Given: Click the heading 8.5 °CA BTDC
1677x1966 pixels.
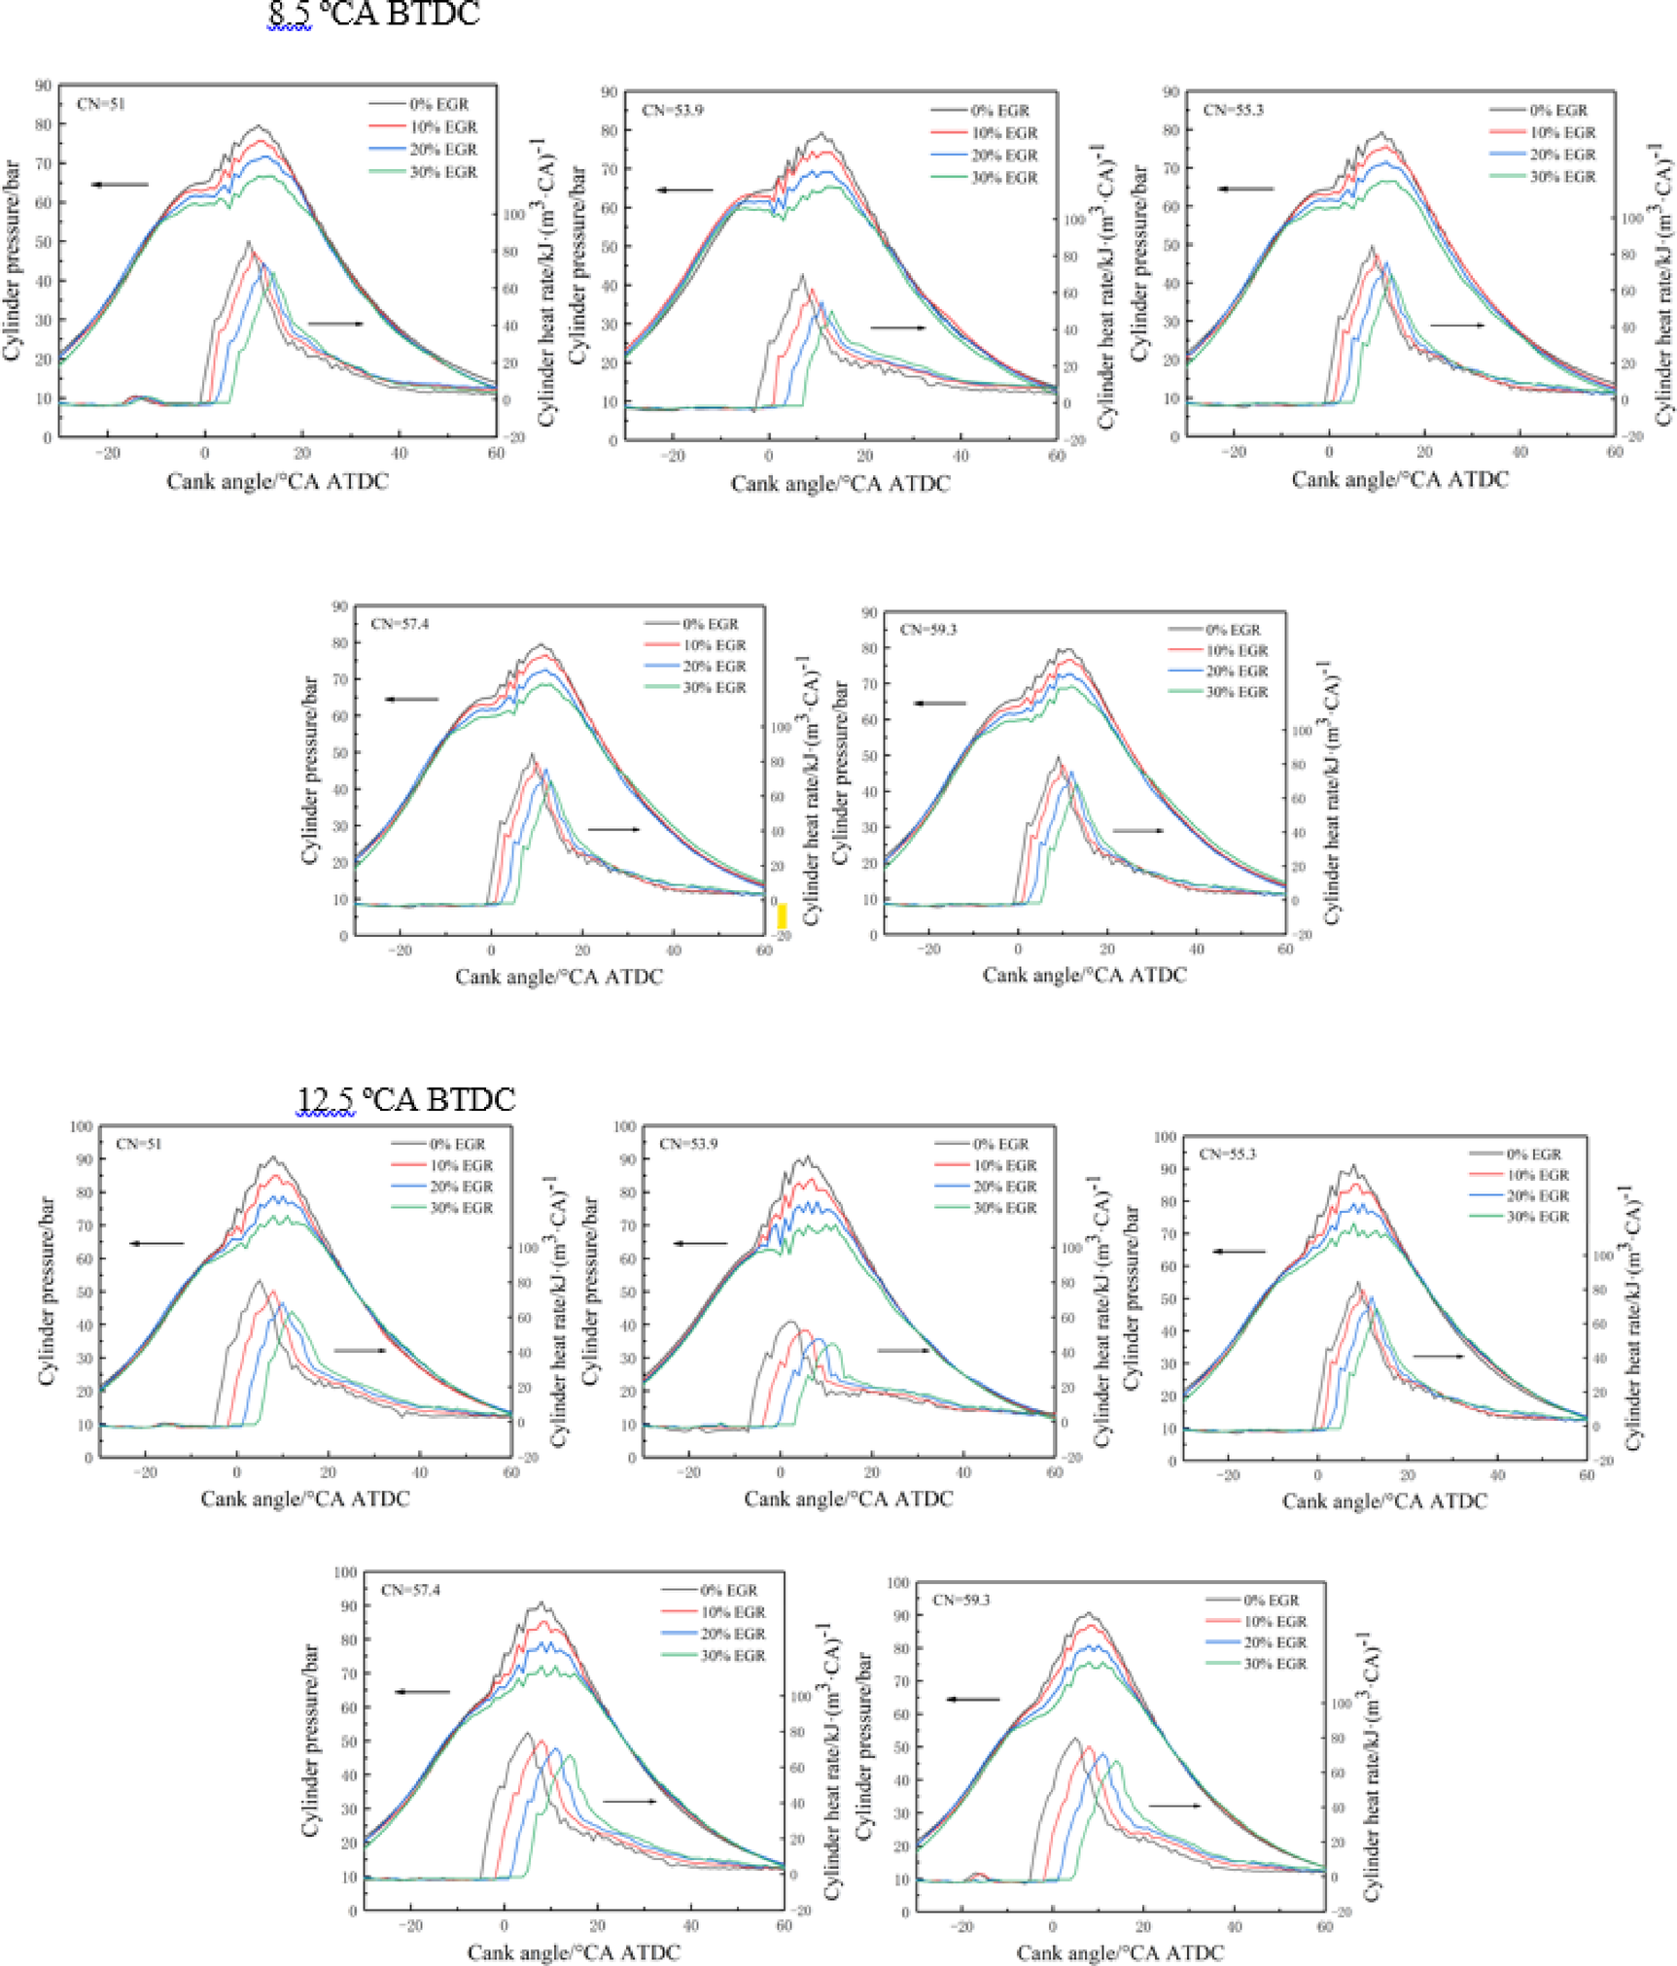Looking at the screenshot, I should (374, 14).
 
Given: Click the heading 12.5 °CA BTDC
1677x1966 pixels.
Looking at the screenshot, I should (405, 1099).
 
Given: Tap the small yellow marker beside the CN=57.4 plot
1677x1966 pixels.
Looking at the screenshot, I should (782, 915).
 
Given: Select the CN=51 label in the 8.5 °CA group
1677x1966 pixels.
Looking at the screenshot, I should (101, 104).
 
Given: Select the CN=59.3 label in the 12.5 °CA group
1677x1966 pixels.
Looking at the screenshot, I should (961, 1599).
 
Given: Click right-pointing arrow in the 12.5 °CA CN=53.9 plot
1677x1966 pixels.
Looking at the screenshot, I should (902, 1350).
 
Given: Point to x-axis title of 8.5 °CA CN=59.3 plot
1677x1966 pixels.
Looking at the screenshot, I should (1084, 975).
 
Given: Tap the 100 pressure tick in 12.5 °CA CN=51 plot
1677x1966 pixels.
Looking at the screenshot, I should (82, 1126).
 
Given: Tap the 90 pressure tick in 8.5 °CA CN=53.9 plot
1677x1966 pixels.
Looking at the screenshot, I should (609, 92).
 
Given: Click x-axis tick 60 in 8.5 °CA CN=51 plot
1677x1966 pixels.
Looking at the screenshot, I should (496, 454).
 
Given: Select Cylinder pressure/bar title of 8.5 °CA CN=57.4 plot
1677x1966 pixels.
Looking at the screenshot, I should (310, 770).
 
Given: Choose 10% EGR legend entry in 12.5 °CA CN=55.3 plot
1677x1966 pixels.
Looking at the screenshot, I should (1537, 1175).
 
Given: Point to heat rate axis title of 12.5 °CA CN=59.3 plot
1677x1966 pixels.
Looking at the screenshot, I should (1371, 1767).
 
